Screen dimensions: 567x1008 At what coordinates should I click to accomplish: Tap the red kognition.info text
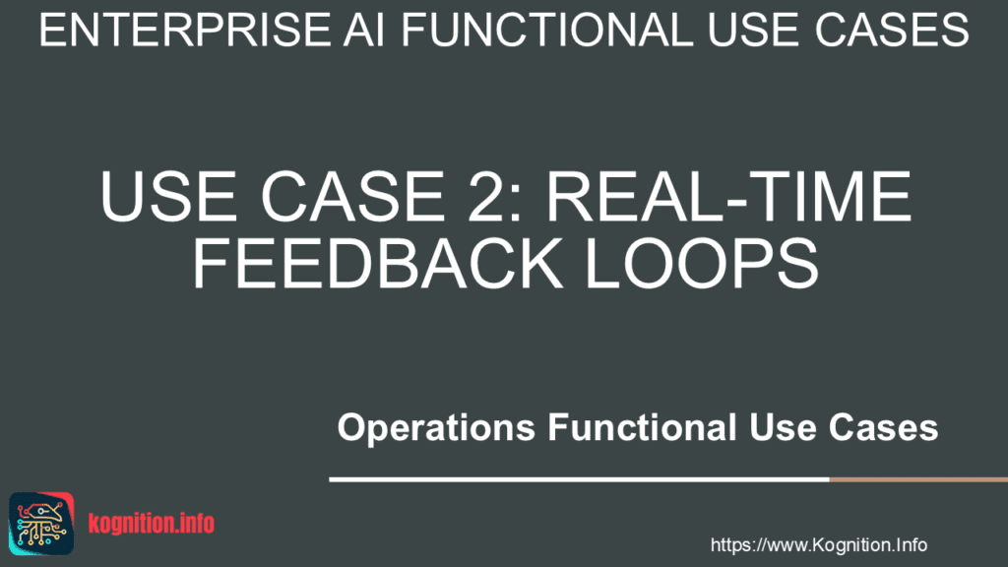(x=151, y=524)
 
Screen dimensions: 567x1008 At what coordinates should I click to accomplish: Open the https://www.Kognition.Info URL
(x=818, y=544)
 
